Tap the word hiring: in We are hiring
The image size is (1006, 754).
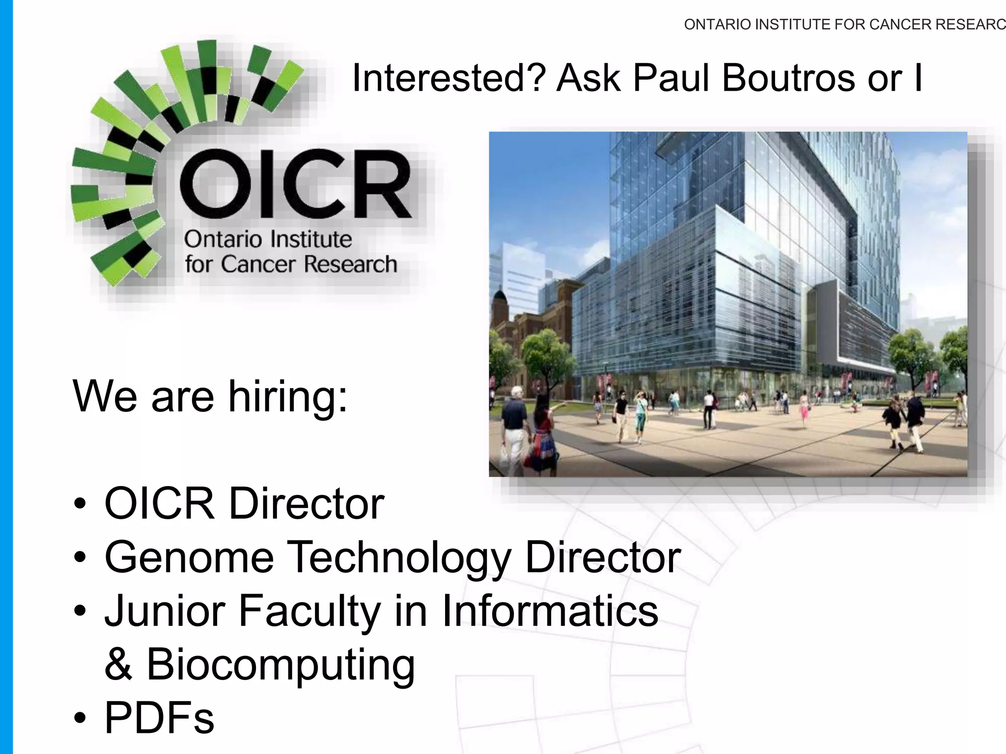pos(288,397)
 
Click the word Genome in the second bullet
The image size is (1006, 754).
pos(189,557)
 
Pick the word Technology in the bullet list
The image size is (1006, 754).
pos(398,557)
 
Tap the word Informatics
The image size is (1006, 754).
pos(550,611)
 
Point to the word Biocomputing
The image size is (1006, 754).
pos(280,665)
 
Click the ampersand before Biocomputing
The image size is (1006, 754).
pos(118,665)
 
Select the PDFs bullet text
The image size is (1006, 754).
pos(159,718)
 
